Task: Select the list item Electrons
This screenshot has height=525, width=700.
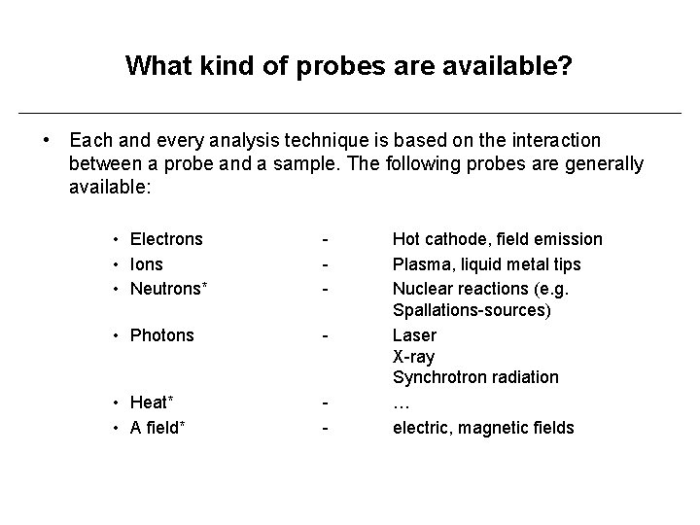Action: tap(166, 239)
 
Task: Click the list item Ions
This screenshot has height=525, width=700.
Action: tap(147, 264)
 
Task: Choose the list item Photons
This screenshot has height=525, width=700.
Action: tap(162, 335)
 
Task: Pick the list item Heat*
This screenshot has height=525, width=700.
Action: tap(152, 402)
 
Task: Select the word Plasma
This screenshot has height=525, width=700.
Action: tap(420, 264)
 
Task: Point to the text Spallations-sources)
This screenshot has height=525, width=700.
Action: tap(472, 311)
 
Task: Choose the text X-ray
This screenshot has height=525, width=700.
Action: tap(413, 357)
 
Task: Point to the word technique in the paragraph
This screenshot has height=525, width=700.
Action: tap(320, 141)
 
